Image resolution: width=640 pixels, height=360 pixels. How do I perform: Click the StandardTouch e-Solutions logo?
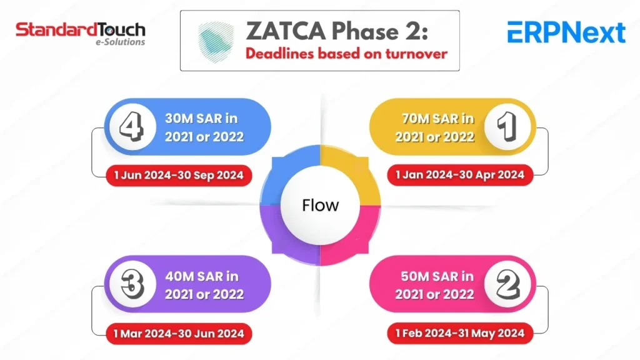81,34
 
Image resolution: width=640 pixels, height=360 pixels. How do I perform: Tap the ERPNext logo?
566,32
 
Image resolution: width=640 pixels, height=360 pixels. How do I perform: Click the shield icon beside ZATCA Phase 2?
216,42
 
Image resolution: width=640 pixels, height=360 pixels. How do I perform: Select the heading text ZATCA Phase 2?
337,31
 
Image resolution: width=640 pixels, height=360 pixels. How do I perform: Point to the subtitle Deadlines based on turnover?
346,54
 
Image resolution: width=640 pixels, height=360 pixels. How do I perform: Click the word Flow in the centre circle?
321,205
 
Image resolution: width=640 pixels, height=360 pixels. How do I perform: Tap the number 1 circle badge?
507,126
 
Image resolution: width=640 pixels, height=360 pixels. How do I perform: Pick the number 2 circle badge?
507,284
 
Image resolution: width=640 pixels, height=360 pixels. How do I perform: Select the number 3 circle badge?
132,284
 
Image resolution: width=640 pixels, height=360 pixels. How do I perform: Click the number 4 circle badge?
132,126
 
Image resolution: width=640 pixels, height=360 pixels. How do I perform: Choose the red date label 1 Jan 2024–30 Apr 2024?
460,175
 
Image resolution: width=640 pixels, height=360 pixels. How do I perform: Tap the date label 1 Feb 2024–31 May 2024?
460,333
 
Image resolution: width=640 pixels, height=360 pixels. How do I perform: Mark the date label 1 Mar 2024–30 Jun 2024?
179,334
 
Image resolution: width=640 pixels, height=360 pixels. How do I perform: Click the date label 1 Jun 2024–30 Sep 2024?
179,176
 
